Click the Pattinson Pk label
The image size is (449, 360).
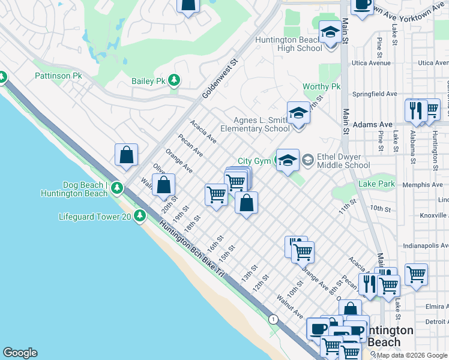pos(58,76)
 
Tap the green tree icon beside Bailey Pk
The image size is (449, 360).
pos(174,80)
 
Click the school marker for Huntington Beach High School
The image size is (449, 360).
pos(329,33)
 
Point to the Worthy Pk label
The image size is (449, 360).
pos(321,87)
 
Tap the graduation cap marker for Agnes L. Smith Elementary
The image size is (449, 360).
pos(298,113)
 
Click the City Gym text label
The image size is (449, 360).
pos(254,161)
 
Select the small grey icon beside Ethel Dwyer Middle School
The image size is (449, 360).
pos(308,160)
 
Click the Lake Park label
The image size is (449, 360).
pos(376,184)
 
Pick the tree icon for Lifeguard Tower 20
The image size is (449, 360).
pos(140,215)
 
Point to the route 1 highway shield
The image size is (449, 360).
pos(273,319)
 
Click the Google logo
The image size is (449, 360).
pos(20,353)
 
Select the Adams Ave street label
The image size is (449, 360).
pos(373,125)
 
